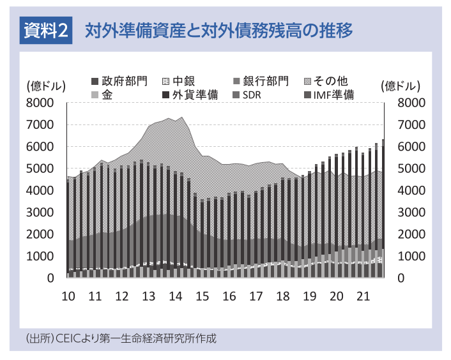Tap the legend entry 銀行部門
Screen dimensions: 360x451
pos(261,81)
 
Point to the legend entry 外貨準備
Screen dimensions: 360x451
pos(190,95)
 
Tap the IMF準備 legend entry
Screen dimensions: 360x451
pos(330,95)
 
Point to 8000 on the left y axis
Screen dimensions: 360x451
pos(40,103)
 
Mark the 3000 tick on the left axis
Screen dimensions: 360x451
pos(40,213)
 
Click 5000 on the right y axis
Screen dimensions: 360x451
pos(411,169)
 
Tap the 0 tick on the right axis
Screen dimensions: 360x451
pos(401,278)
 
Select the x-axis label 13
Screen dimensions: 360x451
pos(149,296)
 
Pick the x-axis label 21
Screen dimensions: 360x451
pos(363,296)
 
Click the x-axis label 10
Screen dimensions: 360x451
pos(68,296)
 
